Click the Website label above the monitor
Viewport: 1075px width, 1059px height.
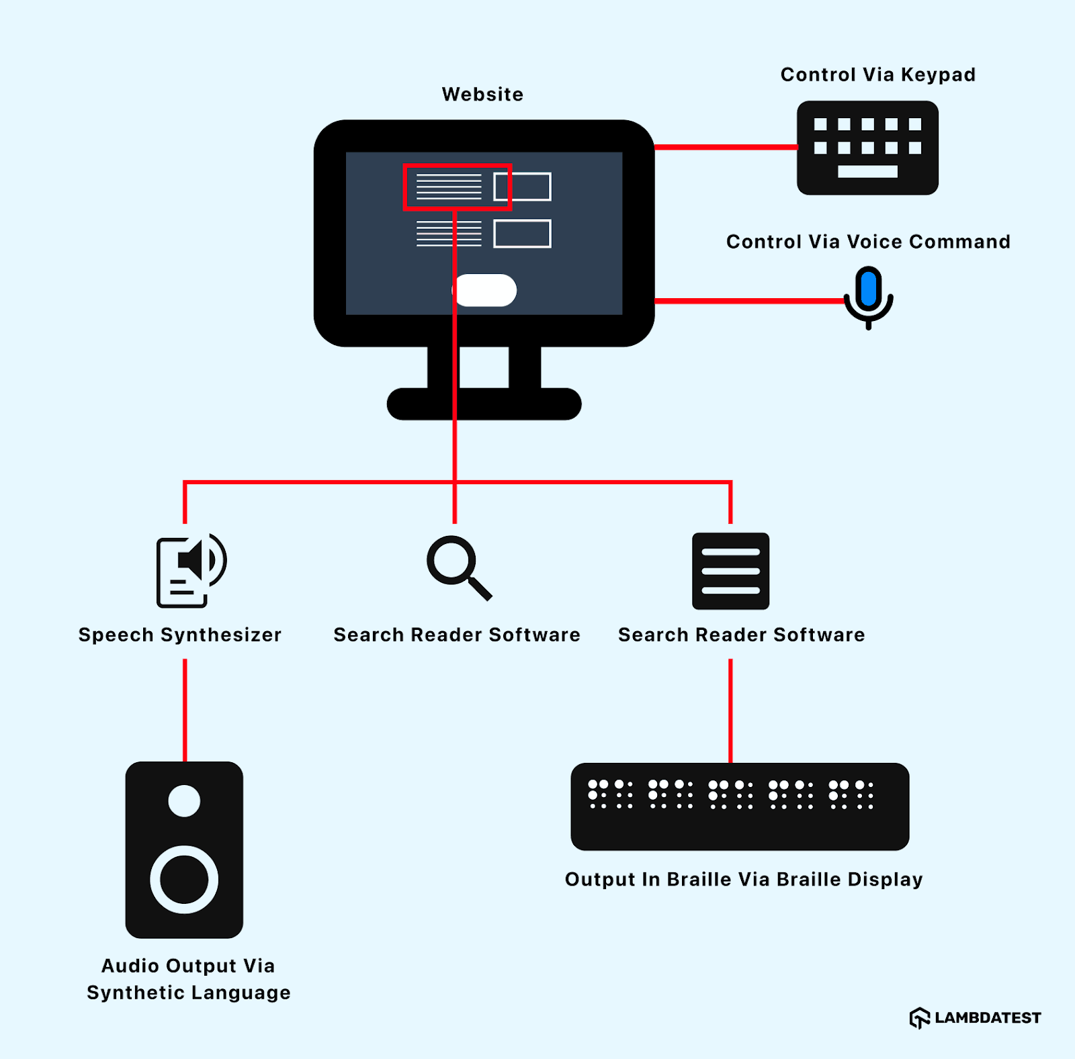[482, 94]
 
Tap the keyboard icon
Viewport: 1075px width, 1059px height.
[867, 148]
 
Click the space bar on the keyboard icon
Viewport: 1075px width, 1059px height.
[867, 172]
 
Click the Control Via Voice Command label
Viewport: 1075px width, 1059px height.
[867, 242]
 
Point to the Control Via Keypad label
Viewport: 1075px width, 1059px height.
[877, 75]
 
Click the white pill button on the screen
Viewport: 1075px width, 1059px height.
[485, 290]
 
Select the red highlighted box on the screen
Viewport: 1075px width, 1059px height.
[457, 187]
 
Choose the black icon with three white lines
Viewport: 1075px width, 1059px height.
[730, 571]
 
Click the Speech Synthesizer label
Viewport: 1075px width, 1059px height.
[179, 635]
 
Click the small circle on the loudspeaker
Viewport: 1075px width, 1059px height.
[184, 800]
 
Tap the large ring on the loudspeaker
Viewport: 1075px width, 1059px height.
[184, 879]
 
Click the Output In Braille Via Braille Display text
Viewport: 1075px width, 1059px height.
[743, 879]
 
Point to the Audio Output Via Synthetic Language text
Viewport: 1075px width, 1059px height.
[188, 979]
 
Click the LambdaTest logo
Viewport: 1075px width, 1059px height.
[975, 1017]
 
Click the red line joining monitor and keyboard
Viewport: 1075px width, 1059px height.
[726, 147]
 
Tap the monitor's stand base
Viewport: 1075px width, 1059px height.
[484, 404]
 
